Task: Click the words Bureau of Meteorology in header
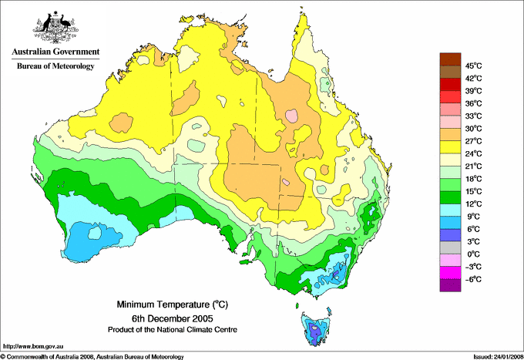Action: tap(55, 66)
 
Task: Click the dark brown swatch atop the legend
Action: tap(448, 59)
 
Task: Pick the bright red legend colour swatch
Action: tap(448, 96)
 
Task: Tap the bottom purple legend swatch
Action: tap(448, 285)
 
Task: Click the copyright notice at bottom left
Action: tap(92, 355)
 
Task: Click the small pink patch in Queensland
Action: tap(291, 116)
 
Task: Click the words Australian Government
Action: tap(55, 52)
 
